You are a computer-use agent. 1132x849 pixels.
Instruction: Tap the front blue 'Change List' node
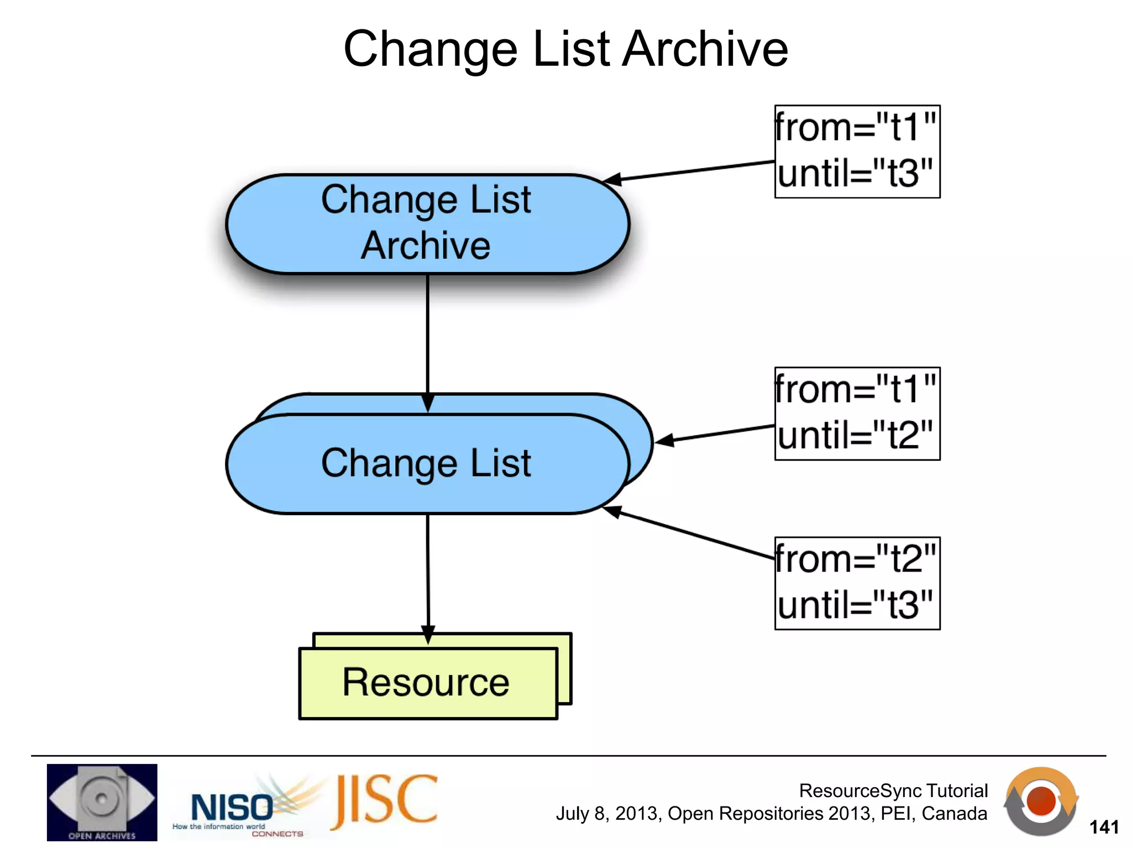pyautogui.click(x=427, y=463)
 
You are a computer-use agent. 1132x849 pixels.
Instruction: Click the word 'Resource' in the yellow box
pyautogui.click(x=426, y=683)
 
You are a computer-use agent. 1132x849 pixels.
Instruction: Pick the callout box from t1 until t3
pyautogui.click(x=857, y=151)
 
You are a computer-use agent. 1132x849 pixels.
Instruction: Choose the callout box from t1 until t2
pyautogui.click(x=857, y=413)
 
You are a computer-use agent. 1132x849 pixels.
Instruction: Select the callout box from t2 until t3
pyautogui.click(x=857, y=583)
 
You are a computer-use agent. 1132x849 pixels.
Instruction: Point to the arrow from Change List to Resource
pyautogui.click(x=428, y=575)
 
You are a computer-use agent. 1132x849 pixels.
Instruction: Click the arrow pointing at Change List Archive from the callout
pyautogui.click(x=691, y=171)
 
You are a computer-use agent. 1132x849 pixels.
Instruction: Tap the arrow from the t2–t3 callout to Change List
pyautogui.click(x=691, y=533)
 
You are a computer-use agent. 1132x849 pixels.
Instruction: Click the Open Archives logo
pyautogui.click(x=102, y=802)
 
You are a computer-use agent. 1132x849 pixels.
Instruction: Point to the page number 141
pyautogui.click(x=1104, y=827)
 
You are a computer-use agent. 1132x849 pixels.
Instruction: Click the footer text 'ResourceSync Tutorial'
pyautogui.click(x=893, y=790)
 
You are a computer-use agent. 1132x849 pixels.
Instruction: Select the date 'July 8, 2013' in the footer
pyautogui.click(x=607, y=814)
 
